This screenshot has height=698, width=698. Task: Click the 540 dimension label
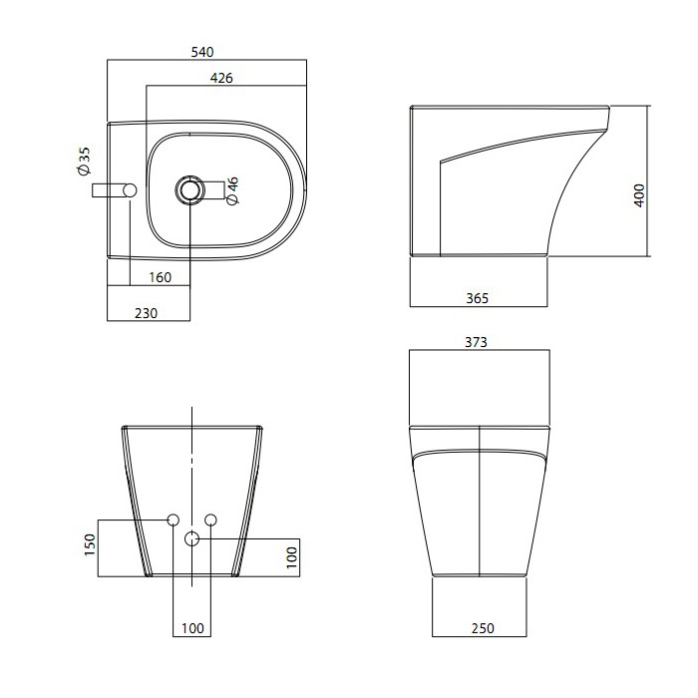pos(202,52)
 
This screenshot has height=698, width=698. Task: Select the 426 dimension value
pos(221,78)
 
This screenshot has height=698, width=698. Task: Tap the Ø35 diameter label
pos(84,162)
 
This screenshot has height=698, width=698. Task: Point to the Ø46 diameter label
pos(232,190)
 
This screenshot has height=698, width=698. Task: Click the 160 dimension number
pos(160,277)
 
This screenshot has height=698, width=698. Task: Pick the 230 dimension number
pos(146,313)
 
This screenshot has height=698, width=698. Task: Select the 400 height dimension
pos(639,195)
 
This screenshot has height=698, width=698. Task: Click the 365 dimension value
pos(478,298)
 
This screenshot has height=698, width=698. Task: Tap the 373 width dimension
pos(476,342)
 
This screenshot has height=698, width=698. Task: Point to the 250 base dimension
pos(483,628)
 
